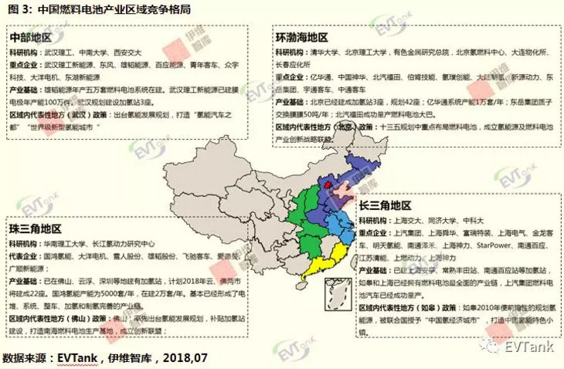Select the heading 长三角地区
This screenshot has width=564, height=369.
(384, 205)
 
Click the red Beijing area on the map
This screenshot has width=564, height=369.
(327, 184)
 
